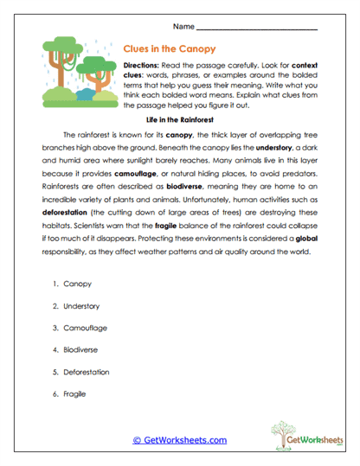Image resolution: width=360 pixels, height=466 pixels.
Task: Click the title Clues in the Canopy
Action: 170,49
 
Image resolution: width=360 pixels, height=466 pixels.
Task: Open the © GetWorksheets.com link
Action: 179,440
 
